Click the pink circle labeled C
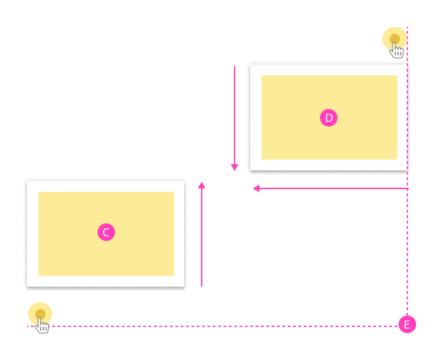click(x=106, y=232)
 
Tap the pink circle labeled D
click(x=329, y=118)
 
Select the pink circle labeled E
click(x=407, y=324)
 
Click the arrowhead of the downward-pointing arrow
click(x=235, y=168)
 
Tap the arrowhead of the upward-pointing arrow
click(x=202, y=184)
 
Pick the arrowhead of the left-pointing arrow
click(x=256, y=188)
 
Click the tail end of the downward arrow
click(x=235, y=66)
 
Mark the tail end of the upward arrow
click(x=202, y=287)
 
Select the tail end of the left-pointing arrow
click(x=407, y=188)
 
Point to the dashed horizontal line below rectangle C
click(x=222, y=326)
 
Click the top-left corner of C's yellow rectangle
click(x=38, y=192)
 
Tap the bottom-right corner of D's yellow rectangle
click(x=397, y=159)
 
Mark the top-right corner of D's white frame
click(x=407, y=65)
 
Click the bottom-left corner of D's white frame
click(x=250, y=170)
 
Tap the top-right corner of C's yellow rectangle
click(x=174, y=192)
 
